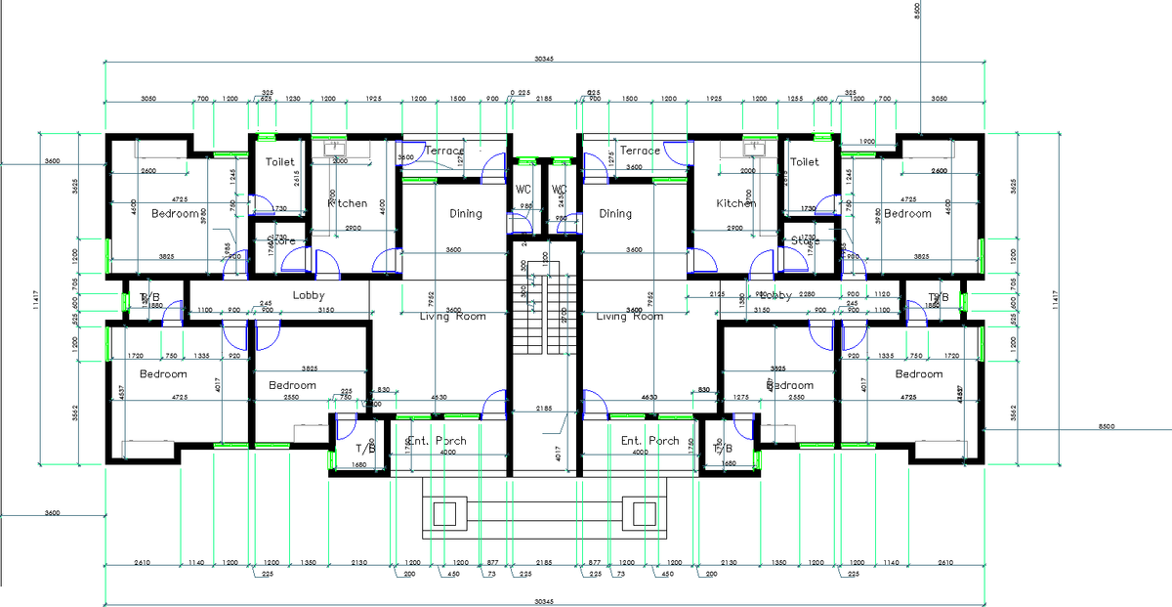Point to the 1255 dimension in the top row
point(795,99)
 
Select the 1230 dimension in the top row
point(292,99)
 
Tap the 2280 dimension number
point(807,294)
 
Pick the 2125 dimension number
point(718,294)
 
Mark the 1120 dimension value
point(883,294)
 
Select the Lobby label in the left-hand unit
point(309,295)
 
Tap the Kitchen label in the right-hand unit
point(735,203)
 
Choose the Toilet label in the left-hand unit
point(280,161)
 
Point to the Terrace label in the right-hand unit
point(640,151)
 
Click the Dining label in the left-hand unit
point(466,213)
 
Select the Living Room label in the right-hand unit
point(629,316)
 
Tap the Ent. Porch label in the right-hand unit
point(650,441)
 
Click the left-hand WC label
point(523,189)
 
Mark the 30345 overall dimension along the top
point(545,60)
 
